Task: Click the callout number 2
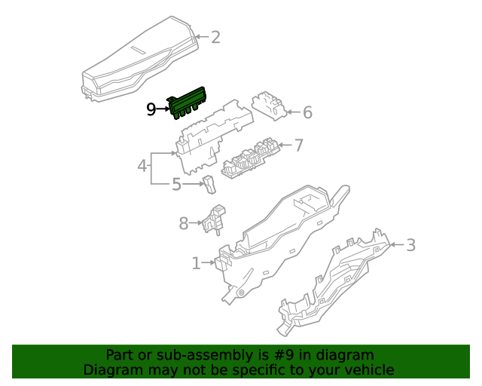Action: [x=215, y=37]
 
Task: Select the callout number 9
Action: [x=151, y=110]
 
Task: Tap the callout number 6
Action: [x=307, y=113]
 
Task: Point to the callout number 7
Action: [x=298, y=145]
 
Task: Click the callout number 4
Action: [x=142, y=164]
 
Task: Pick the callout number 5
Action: [x=175, y=184]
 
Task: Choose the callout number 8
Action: [x=183, y=222]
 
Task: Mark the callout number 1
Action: [x=196, y=263]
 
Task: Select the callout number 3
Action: [x=410, y=244]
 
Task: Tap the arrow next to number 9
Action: [x=163, y=110]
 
